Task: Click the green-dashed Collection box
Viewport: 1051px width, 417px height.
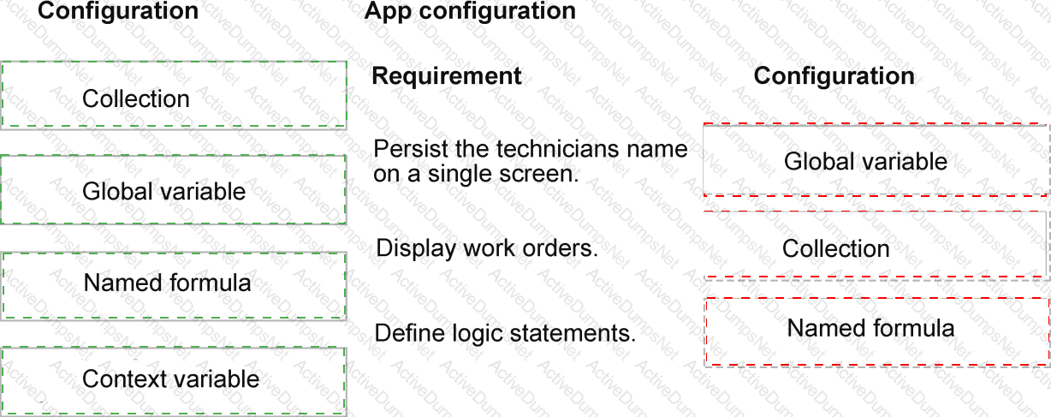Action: (174, 94)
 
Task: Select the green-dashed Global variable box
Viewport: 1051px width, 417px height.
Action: (174, 189)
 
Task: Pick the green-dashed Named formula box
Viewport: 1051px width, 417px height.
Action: (174, 286)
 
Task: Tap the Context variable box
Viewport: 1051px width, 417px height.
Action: (174, 381)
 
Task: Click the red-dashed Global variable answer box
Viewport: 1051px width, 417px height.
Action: (876, 159)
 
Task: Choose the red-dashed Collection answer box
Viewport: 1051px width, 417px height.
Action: (876, 245)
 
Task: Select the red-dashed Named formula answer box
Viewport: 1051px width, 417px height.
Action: (876, 331)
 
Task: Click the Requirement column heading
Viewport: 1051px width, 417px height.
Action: (446, 76)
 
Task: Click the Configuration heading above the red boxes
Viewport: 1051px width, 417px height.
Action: (834, 76)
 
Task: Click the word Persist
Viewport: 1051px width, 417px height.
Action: (411, 149)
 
